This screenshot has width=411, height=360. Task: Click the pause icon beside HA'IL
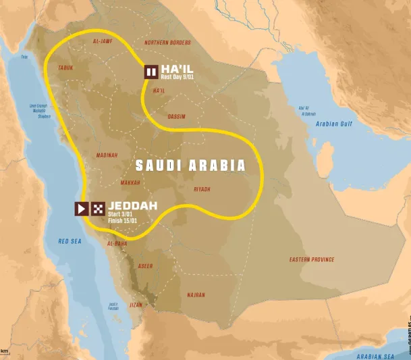coord(150,72)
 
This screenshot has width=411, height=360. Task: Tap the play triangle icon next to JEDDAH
coord(81,209)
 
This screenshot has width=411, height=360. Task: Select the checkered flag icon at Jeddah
coord(99,209)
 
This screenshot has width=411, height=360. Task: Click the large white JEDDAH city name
coord(133,205)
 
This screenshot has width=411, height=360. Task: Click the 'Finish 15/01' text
coord(123,221)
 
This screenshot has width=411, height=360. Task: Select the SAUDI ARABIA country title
coord(190,165)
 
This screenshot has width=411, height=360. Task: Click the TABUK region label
coord(65,68)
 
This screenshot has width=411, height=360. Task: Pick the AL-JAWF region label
coord(103,42)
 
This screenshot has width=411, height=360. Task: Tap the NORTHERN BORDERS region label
coord(167,43)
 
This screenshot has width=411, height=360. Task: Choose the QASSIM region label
coord(177,117)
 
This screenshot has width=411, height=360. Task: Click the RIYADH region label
coord(202,189)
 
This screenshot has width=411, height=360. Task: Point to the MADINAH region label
coord(107,155)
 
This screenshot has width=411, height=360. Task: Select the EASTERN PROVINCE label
coord(312,259)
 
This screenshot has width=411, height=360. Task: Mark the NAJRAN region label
coord(196,295)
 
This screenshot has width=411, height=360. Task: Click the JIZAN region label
coord(136,305)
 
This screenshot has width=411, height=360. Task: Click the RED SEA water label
coord(70,241)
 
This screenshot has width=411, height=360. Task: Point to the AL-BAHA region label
coord(117,243)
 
